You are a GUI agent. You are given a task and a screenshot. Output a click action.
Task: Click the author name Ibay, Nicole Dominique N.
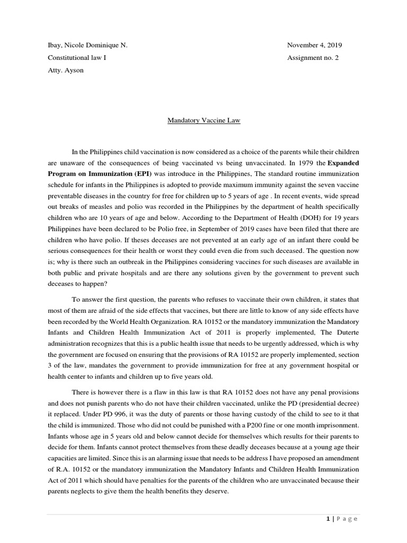pyautogui.click(x=87, y=45)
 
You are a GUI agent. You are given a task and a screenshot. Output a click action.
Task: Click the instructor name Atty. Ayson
pyautogui.click(x=66, y=70)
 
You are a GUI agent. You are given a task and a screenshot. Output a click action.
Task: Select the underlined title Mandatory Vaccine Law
pyautogui.click(x=203, y=120)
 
